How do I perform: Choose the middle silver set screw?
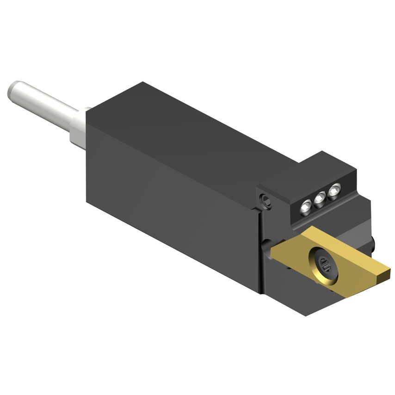319,199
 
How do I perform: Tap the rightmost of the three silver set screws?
334,190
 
